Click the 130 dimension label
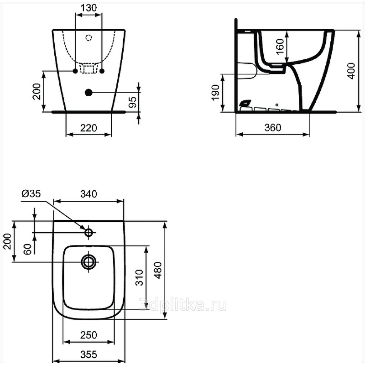(89, 8)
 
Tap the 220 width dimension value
(89, 128)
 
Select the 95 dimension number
(132, 102)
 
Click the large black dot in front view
(89, 93)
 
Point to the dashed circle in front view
(89, 37)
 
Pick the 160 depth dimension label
(280, 47)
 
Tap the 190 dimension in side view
(215, 93)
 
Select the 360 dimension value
(273, 127)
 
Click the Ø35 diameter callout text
(31, 193)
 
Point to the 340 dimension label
(89, 194)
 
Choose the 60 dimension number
(27, 249)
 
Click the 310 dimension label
(139, 277)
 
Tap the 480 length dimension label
(158, 270)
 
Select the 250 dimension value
(89, 335)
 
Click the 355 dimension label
(89, 355)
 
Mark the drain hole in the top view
(89, 262)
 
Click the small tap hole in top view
(89, 232)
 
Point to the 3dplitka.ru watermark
(183, 305)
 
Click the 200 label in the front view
(36, 92)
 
